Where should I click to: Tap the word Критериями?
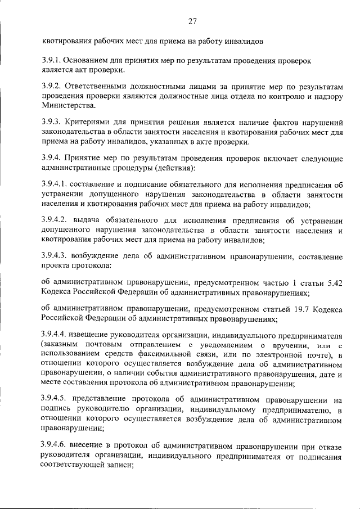click(x=85, y=121)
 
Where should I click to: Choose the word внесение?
click(x=89, y=445)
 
